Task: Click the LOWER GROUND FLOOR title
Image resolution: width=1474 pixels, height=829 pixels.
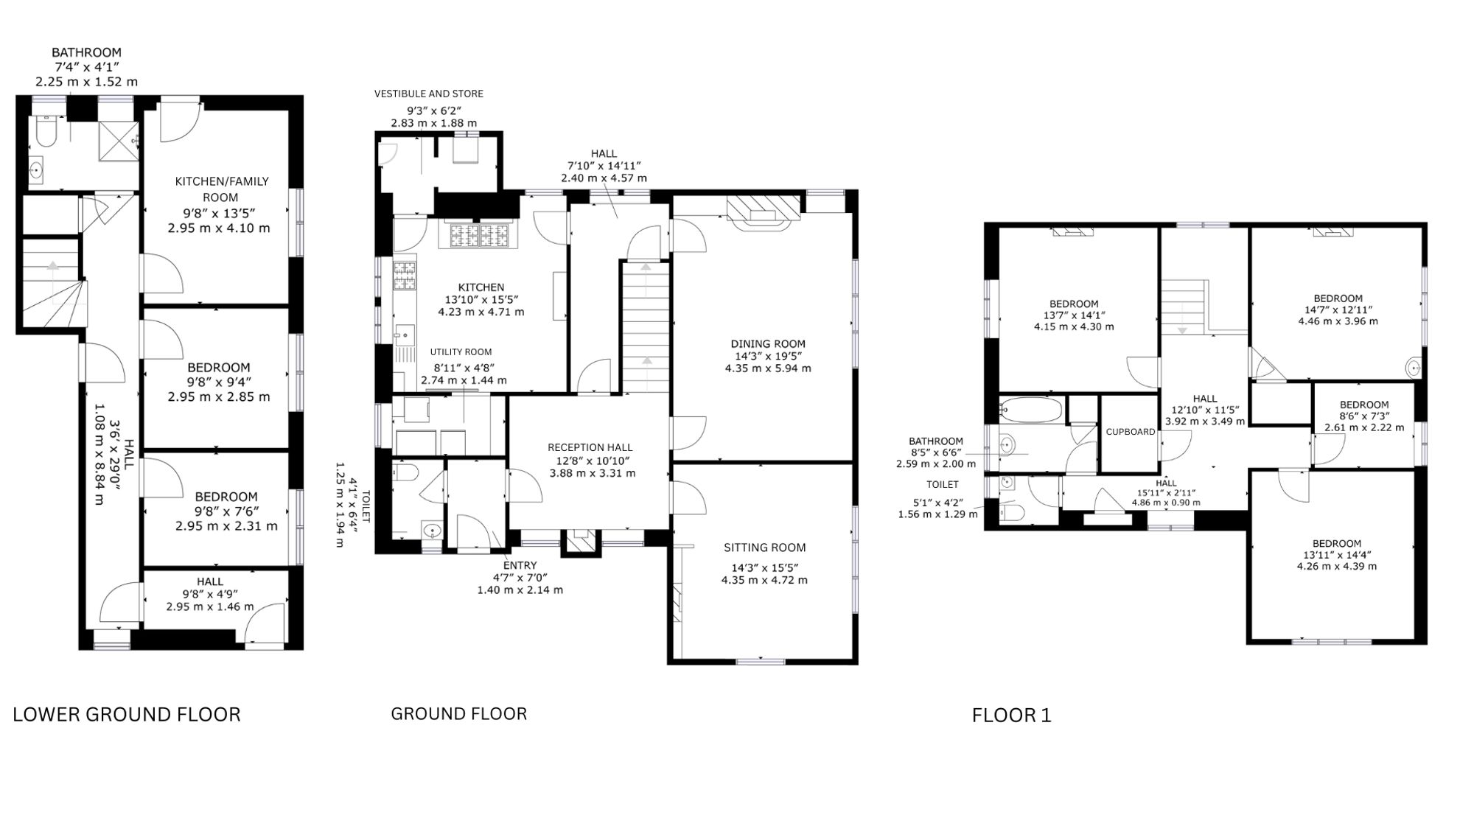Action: [127, 715]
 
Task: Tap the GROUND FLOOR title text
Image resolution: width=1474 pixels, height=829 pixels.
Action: [458, 714]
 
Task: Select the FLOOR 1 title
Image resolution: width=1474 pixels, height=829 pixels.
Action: [1012, 716]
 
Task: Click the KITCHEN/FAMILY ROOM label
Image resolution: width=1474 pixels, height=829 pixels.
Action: [221, 189]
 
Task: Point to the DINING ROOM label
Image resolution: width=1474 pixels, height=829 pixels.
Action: [768, 343]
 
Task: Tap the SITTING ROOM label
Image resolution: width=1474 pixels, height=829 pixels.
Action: [764, 548]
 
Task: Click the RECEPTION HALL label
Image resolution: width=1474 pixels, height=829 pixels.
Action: [590, 447]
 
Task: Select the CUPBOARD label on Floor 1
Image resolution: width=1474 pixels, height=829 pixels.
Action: [1131, 432]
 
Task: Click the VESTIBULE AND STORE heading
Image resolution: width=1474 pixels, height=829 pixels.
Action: [429, 94]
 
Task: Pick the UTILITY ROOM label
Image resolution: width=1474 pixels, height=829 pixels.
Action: [461, 352]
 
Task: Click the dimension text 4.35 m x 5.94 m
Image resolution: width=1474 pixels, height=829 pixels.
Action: [768, 368]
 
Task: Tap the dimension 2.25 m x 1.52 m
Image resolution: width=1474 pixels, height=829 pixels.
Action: [87, 82]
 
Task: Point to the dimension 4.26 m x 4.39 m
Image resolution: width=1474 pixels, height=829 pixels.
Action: [1337, 567]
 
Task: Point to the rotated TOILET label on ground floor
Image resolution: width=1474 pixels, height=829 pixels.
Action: [366, 507]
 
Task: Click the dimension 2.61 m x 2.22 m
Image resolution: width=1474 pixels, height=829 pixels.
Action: [1364, 427]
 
